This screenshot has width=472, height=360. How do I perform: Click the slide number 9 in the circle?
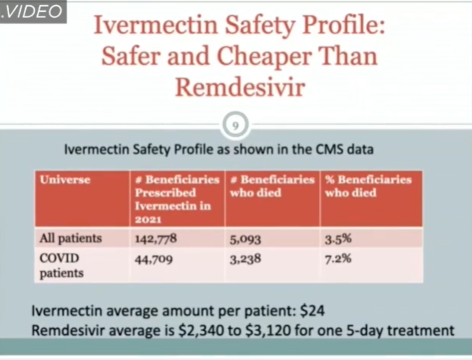[x=235, y=124]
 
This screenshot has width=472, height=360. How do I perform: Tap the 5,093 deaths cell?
[x=248, y=239]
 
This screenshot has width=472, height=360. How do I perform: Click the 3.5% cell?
[x=338, y=239]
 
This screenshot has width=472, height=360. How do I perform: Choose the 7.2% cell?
[x=338, y=259]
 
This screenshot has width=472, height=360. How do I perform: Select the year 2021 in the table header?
[x=149, y=220]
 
